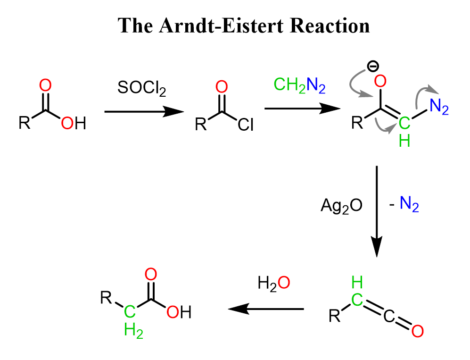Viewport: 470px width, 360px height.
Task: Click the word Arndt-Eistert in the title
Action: pyautogui.click(x=221, y=25)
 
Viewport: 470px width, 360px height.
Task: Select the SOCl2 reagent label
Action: pyautogui.click(x=141, y=88)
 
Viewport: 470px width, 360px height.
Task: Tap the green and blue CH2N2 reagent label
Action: pyautogui.click(x=299, y=85)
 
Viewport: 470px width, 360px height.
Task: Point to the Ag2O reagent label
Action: pyautogui.click(x=341, y=206)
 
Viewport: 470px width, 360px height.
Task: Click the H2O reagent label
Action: pyautogui.click(x=274, y=283)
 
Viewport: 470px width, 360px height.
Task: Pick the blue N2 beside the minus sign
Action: pyautogui.click(x=409, y=204)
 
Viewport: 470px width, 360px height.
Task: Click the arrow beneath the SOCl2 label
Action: pyautogui.click(x=144, y=112)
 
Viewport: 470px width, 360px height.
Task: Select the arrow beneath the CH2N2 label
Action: pyautogui.click(x=303, y=109)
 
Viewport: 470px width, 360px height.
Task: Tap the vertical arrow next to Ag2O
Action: pyautogui.click(x=377, y=211)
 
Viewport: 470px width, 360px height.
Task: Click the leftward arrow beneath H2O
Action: pyautogui.click(x=266, y=309)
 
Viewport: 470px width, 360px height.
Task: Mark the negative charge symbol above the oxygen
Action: pyautogui.click(x=372, y=67)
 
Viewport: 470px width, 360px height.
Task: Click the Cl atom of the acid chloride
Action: pyautogui.click(x=246, y=125)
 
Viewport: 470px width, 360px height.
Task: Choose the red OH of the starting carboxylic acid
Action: pyautogui.click(x=74, y=123)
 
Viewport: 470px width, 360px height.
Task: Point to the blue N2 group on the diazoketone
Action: pyautogui.click(x=439, y=107)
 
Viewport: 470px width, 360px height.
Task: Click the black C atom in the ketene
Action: pyautogui.click(x=389, y=316)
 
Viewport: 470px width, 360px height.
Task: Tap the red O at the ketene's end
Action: pyautogui.click(x=417, y=331)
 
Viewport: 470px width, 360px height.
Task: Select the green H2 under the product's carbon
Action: pyautogui.click(x=133, y=331)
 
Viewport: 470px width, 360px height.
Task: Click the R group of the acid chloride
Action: pyautogui.click(x=201, y=124)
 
